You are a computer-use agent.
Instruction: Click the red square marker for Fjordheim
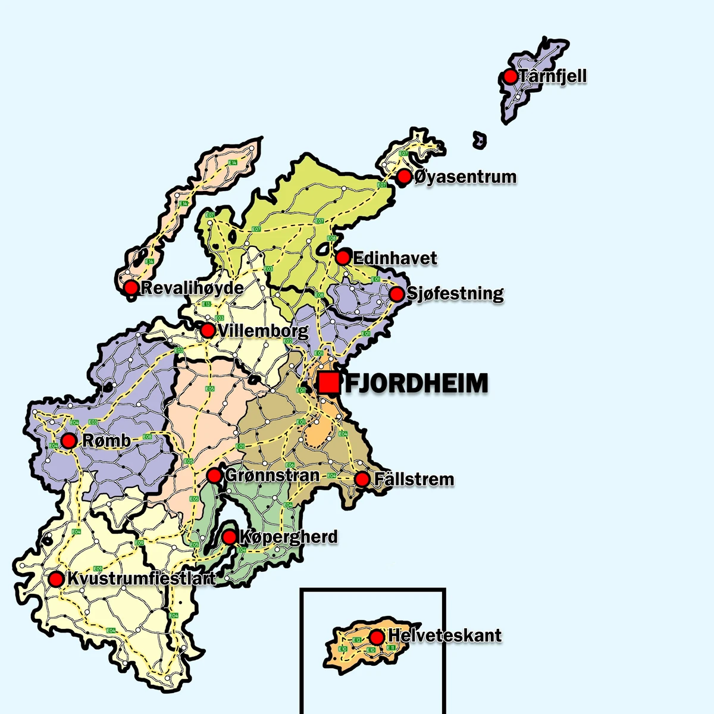click(328, 383)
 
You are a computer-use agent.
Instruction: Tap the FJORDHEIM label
click(416, 384)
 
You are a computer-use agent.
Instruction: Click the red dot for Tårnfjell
click(510, 76)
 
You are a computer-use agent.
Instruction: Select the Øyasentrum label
click(465, 177)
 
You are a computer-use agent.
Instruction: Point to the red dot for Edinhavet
click(343, 257)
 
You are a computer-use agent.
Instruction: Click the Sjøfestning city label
click(455, 293)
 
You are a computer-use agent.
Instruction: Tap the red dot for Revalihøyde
click(131, 288)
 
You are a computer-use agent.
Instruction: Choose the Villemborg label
click(264, 330)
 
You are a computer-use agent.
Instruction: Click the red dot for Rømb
click(69, 441)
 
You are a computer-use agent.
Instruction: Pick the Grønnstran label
click(273, 475)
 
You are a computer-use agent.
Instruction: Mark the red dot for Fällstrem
click(362, 479)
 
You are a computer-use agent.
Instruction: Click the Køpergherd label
click(288, 537)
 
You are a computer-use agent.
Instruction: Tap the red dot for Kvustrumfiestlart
click(56, 579)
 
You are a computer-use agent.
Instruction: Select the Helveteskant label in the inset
click(445, 635)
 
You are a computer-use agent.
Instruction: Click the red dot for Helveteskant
click(377, 637)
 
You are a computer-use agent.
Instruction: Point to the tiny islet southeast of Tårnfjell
click(480, 140)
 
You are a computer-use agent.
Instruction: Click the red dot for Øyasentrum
click(404, 176)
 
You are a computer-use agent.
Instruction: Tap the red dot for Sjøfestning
click(396, 294)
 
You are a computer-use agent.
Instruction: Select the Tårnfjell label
click(553, 76)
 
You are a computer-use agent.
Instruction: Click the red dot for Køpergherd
click(229, 537)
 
